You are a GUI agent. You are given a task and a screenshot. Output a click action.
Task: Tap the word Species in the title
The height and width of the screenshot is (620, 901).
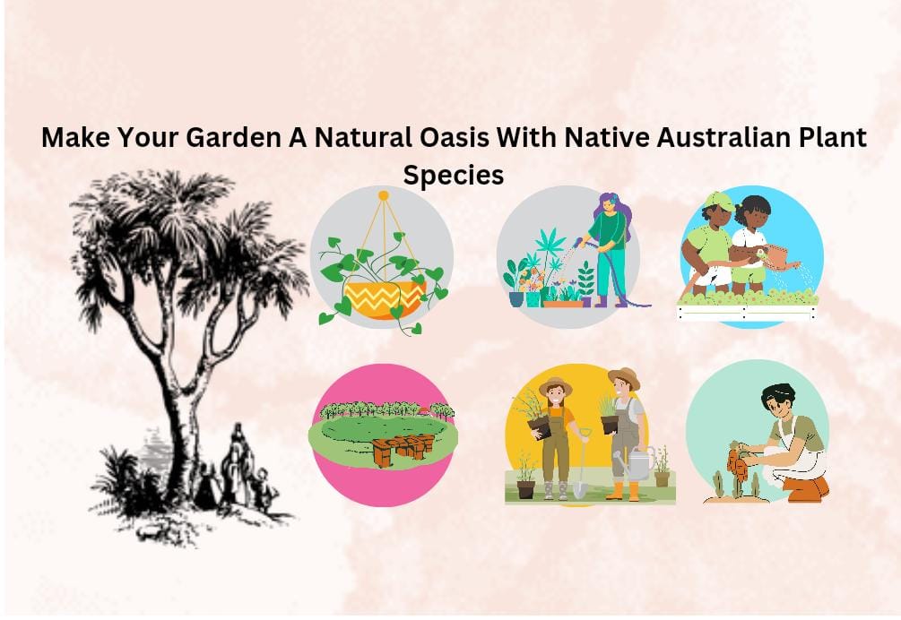pos(453,175)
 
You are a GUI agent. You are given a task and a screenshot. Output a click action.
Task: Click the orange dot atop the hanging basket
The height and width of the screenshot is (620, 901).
pos(383,194)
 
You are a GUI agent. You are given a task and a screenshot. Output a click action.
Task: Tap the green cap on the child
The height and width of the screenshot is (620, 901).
pos(718,200)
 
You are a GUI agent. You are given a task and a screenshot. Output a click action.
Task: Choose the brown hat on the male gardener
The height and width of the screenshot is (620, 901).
pos(624,376)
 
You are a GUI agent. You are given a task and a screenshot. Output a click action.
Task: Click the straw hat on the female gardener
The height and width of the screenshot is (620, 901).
pos(556,385)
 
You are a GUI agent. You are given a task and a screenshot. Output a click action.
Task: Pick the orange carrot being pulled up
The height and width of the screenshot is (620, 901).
pos(737,464)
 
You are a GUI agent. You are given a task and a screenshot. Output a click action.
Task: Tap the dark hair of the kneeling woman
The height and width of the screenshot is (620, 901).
pos(775,395)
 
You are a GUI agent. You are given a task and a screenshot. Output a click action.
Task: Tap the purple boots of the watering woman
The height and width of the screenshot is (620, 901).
pos(597,301)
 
